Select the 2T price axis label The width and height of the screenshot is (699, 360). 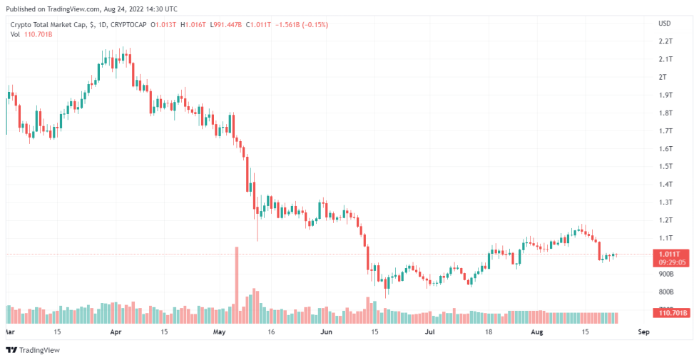pos(663,77)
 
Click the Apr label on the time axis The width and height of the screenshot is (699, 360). pos(116,332)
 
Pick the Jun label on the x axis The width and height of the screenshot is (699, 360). pos(326,332)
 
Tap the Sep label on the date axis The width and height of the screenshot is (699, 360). pos(643,332)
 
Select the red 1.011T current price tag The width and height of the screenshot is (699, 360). pos(670,253)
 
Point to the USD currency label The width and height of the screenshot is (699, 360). pos(665,24)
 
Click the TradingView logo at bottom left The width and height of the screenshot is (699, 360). pos(33,350)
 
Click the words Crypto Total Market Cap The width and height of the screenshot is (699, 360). pos(50,24)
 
